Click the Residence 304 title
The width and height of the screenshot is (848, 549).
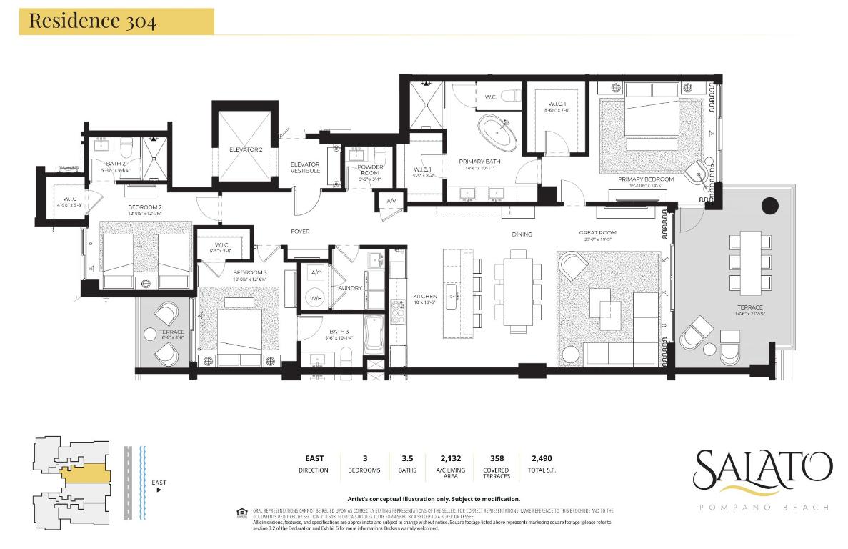92,21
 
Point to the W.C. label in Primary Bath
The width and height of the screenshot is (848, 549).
491,97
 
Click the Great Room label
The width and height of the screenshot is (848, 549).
597,233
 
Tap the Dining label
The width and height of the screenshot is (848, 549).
522,234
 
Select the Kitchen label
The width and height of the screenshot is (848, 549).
424,297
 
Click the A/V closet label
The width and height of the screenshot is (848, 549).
391,201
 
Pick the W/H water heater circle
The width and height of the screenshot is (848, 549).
315,299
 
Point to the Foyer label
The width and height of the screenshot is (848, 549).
299,231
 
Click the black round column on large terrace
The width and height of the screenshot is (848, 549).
769,207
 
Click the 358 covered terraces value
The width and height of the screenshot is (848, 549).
496,458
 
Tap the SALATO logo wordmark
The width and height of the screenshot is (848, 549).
762,468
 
